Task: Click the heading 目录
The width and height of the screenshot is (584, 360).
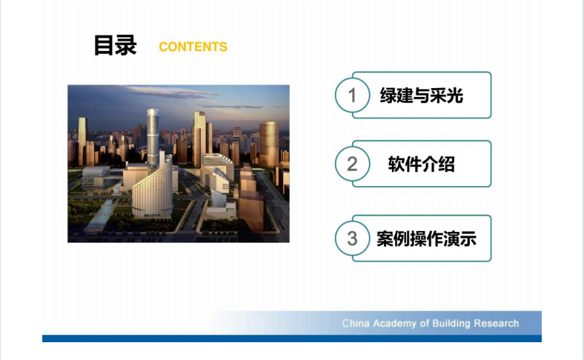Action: tap(115, 45)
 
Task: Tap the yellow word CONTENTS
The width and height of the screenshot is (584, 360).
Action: tap(193, 47)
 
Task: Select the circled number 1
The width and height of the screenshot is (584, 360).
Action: tap(352, 96)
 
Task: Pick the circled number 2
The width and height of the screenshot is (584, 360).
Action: tap(352, 164)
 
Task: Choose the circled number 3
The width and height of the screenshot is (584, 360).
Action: tap(352, 239)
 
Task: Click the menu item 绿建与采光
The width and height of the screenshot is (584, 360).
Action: tap(421, 96)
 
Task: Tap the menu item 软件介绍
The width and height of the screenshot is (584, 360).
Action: tap(421, 164)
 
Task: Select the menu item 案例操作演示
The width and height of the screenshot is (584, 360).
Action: tap(426, 239)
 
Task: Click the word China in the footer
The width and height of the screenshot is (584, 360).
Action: tap(355, 323)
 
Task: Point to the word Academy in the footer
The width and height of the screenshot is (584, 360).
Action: tap(394, 324)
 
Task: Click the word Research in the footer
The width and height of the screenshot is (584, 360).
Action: tap(497, 323)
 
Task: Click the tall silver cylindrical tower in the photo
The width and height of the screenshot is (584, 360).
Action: tap(153, 138)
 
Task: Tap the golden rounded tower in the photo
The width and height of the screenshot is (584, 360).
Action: tap(269, 144)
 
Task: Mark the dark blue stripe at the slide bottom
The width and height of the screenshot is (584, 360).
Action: tap(291, 339)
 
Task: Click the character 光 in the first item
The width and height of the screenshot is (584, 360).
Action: tap(455, 96)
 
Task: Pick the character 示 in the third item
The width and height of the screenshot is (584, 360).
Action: tap(468, 239)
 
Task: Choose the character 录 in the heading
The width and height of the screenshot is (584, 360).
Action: tap(126, 45)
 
